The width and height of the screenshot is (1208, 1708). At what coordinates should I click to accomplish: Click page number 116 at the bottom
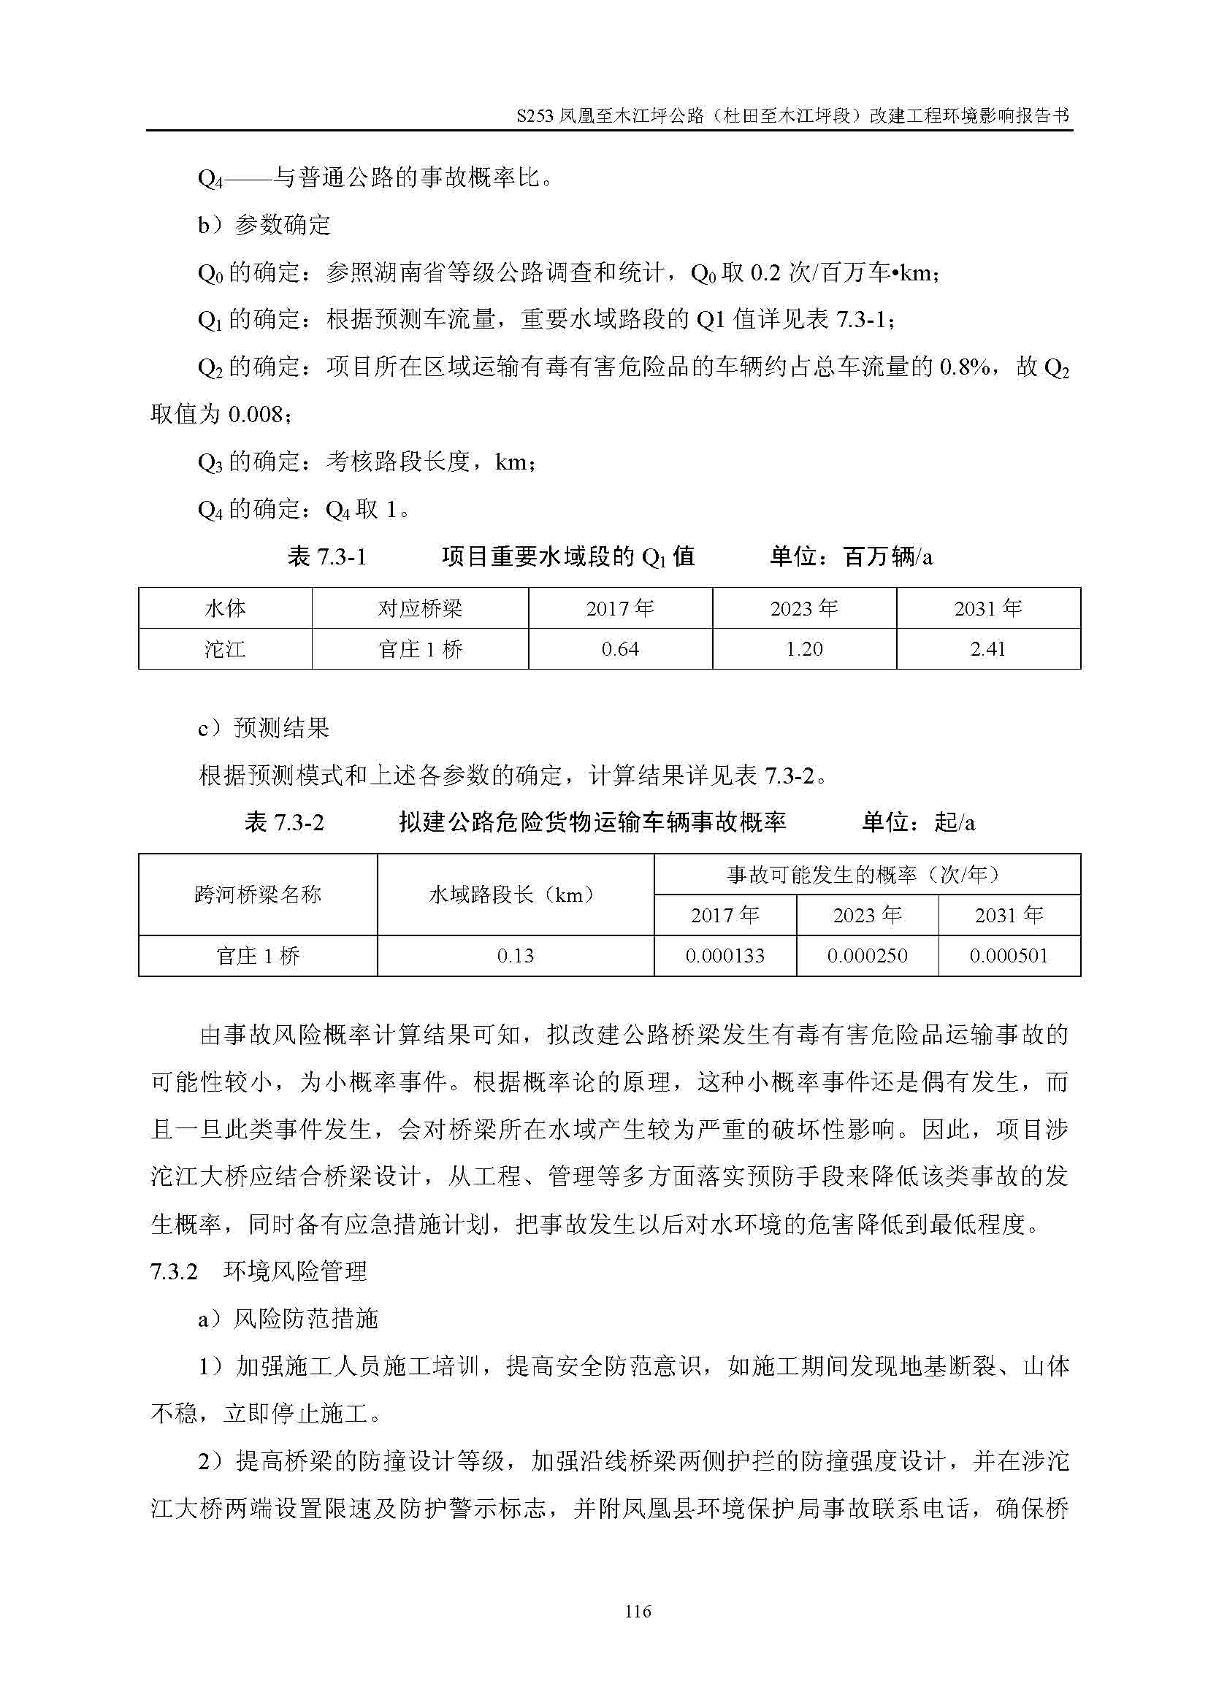pos(638,1612)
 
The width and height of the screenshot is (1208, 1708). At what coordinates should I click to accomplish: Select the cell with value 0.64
pos(619,648)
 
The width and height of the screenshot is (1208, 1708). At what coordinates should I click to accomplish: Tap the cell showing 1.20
pos(804,648)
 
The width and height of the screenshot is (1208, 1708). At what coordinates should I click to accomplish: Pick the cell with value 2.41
pos(988,648)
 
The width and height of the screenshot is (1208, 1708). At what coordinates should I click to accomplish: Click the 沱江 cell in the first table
pos(225,648)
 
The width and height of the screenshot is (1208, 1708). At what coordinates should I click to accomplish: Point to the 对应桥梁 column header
pos(419,608)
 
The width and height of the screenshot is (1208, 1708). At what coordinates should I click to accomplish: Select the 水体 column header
pos(225,608)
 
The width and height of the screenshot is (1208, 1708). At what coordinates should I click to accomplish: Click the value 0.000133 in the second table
pos(725,956)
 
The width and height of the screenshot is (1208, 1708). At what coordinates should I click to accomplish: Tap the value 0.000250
pos(868,956)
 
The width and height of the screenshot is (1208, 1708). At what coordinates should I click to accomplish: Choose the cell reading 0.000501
pos(1009,956)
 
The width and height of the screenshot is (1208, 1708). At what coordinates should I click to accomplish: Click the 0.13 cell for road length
pos(516,956)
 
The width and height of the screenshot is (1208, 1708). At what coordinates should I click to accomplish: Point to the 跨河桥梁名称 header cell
pos(257,895)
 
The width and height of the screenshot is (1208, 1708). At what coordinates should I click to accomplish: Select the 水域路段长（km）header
pos(516,895)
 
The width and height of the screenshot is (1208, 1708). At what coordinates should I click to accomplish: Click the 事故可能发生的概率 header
pos(867,874)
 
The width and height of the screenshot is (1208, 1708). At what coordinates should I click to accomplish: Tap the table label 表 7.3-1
pos(326,556)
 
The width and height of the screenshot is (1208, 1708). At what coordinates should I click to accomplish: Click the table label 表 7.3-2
pos(284,822)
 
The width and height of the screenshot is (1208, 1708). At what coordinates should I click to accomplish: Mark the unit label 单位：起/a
pos(918,822)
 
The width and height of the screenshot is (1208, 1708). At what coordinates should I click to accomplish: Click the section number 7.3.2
pos(174,1271)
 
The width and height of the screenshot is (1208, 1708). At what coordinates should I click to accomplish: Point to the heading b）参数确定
pos(264,225)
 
